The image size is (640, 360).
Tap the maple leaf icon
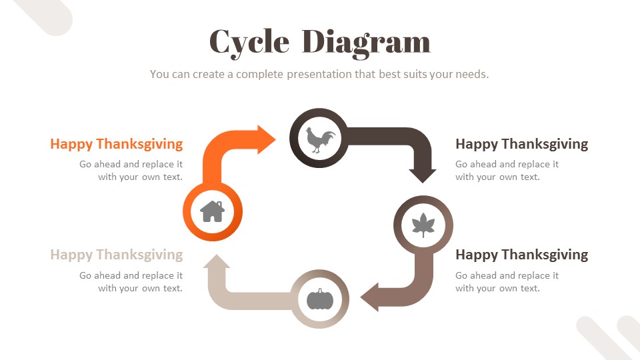click(423, 225)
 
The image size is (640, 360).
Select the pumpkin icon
click(319, 299)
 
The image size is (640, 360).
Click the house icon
click(212, 211)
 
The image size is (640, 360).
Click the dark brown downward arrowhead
click(422, 174)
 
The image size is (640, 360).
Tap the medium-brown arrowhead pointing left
click(371, 297)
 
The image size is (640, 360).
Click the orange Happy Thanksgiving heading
click(117, 143)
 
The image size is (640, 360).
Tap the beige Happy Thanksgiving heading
click(117, 254)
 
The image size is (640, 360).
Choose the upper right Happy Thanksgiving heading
click(521, 143)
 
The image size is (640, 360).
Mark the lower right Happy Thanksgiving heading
click(521, 254)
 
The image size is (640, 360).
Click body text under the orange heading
click(131, 171)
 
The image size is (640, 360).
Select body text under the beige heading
click(131, 282)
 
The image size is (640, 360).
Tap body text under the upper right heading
click(507, 171)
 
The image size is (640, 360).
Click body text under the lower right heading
click(507, 282)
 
